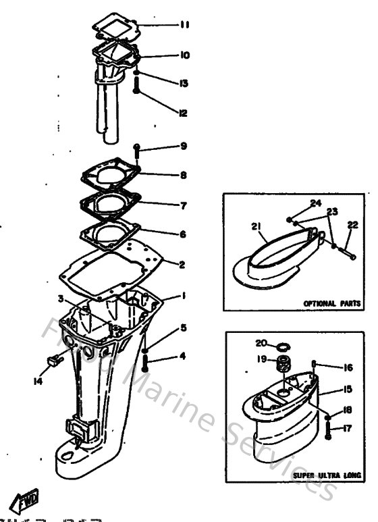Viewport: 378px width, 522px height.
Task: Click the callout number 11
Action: [x=184, y=26]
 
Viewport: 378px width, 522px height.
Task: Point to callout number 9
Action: [x=183, y=147]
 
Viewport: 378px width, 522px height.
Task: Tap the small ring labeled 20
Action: [x=286, y=346]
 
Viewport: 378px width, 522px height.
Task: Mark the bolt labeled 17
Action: [x=328, y=428]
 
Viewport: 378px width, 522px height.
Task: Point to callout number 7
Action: [x=183, y=205]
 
